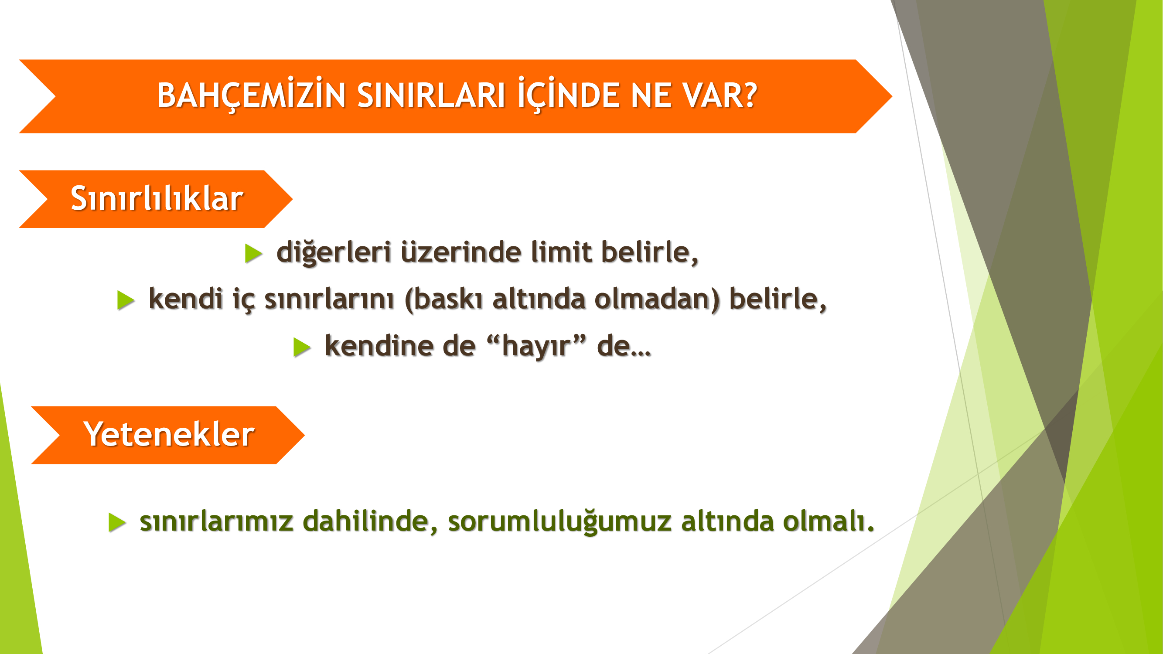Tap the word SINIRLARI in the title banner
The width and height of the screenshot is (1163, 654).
click(431, 95)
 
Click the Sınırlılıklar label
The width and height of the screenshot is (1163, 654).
click(157, 198)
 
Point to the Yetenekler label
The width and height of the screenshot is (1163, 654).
click(169, 434)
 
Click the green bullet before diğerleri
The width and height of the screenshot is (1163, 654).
click(253, 253)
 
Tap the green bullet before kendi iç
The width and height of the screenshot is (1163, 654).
click(126, 300)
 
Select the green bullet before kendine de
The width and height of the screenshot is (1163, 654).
click(302, 347)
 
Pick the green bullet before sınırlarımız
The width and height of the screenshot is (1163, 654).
click(117, 523)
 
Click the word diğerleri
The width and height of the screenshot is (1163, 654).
click(334, 252)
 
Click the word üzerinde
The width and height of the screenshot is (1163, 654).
click(460, 252)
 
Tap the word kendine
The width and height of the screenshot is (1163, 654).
click(379, 346)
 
